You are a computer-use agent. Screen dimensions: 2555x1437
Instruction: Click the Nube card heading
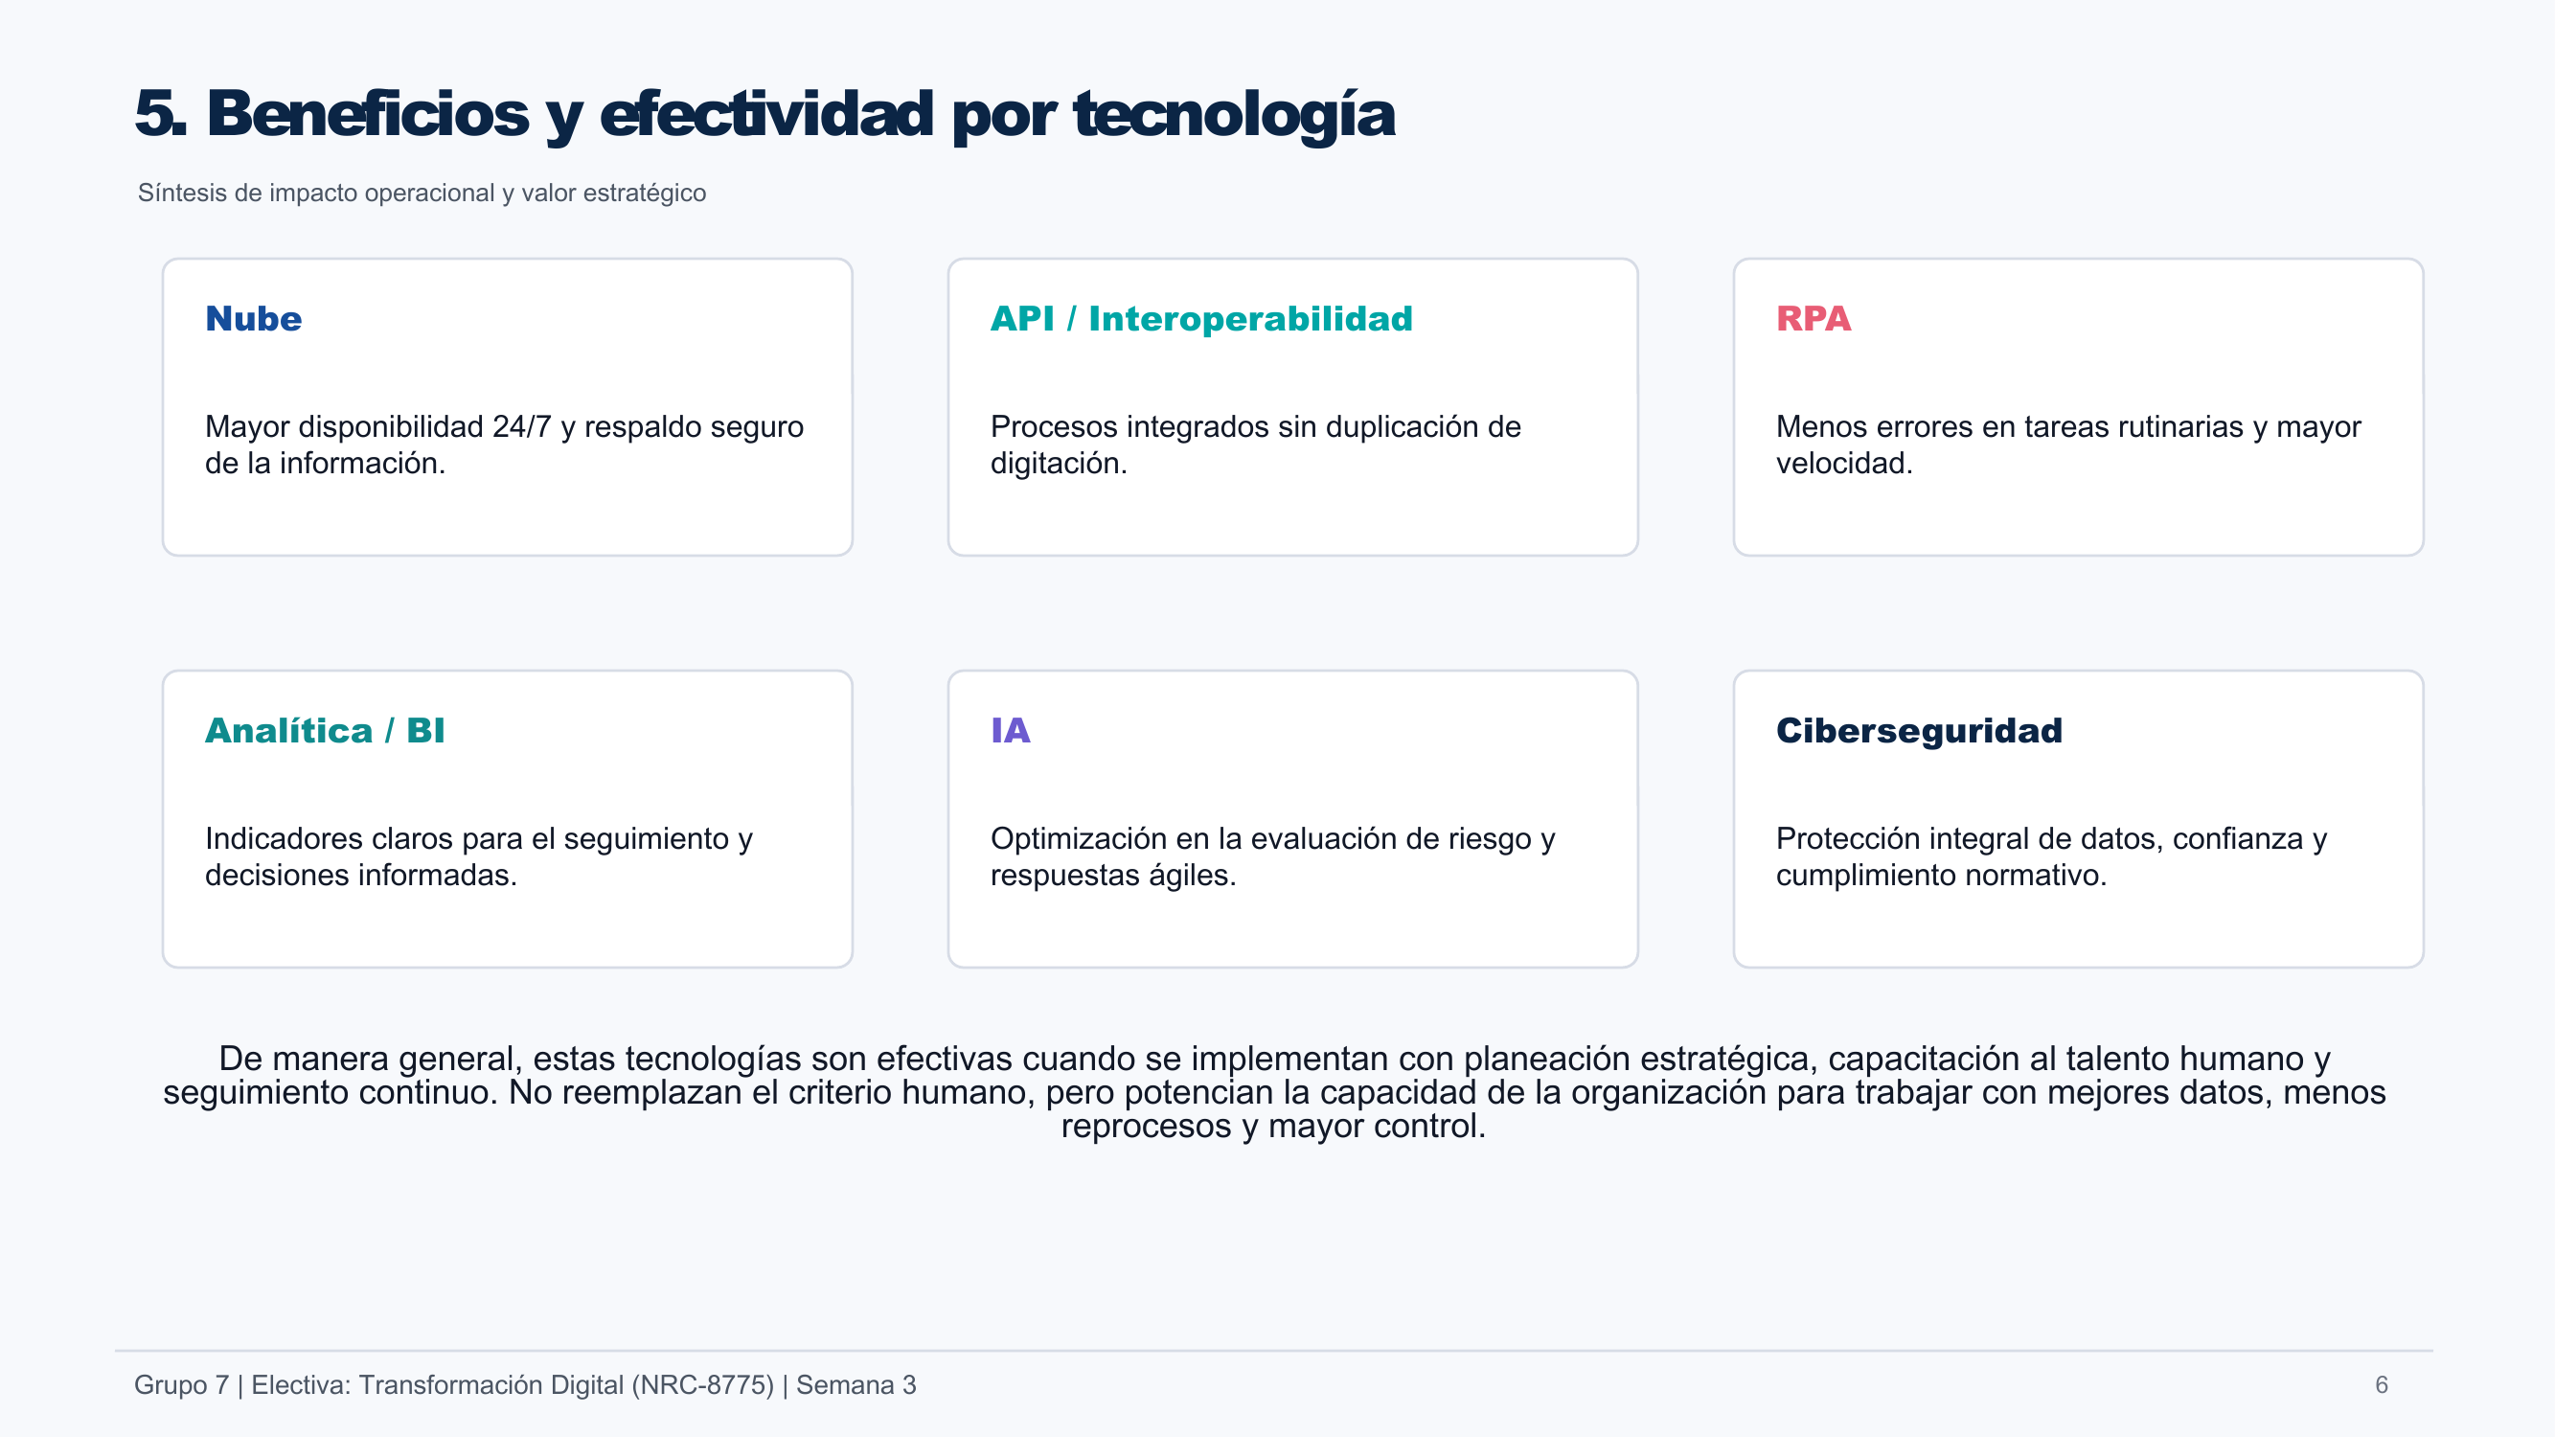(x=253, y=318)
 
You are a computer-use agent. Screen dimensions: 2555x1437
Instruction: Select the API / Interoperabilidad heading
(x=1201, y=318)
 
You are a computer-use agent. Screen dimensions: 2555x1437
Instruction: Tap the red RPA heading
(x=1814, y=318)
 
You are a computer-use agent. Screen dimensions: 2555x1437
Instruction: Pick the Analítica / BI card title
(x=325, y=730)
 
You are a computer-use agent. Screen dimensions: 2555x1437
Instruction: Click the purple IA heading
(x=1011, y=730)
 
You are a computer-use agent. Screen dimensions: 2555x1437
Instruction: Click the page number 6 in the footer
(x=2382, y=1384)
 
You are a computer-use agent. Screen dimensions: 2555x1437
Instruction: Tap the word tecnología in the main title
(x=1234, y=115)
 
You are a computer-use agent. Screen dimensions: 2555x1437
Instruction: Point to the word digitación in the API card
(x=1059, y=463)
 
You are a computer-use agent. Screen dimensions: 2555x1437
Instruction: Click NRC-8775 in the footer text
(x=702, y=1384)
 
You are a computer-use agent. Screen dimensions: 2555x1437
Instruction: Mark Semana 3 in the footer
(x=855, y=1384)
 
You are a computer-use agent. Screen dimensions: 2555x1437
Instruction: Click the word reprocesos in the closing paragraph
(x=1146, y=1128)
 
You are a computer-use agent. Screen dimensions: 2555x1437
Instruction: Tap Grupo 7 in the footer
(x=181, y=1384)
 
